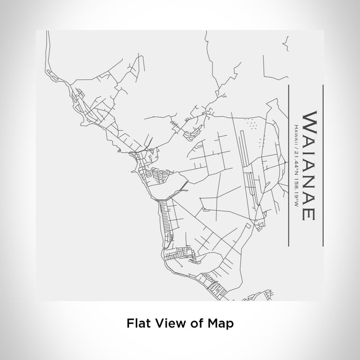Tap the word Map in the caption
pos(222,323)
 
